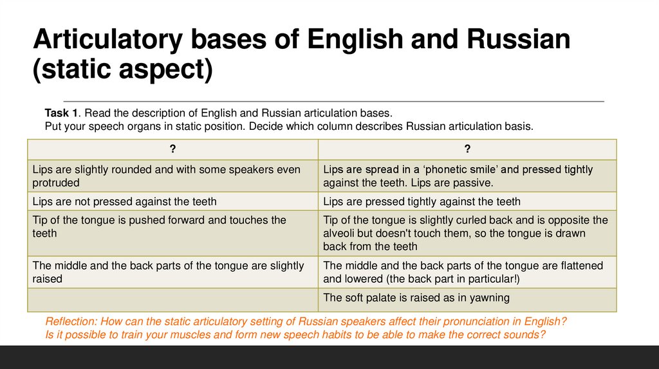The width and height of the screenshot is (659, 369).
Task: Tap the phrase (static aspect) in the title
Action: [x=122, y=69]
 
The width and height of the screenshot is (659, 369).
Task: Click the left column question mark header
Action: [x=172, y=149]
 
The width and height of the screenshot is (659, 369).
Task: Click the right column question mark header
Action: [x=467, y=149]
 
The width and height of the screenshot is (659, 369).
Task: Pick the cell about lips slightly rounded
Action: [x=172, y=176]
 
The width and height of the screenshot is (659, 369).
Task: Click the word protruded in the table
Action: [x=56, y=183]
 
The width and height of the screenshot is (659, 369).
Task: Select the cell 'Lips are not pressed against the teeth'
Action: [x=172, y=201]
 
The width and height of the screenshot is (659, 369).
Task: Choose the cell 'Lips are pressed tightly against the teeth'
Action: [x=467, y=201]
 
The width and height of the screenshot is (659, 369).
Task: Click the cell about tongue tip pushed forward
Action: [x=172, y=226]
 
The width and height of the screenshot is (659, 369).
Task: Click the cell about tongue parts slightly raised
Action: [x=172, y=272]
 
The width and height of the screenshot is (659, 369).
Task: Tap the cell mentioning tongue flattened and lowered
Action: [x=467, y=272]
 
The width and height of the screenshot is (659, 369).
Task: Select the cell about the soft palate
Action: [x=467, y=298]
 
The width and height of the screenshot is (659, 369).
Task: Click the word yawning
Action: [x=490, y=298]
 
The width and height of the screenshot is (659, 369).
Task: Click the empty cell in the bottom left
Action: [x=172, y=300]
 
